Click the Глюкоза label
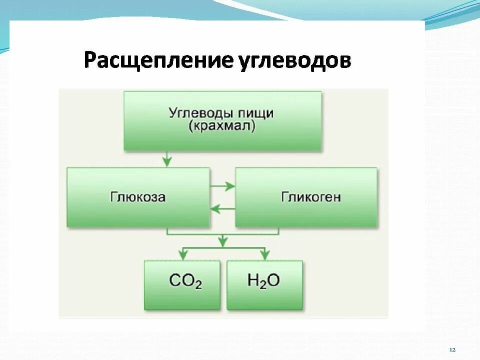[138, 197]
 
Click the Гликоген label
[310, 197]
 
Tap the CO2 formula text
[185, 281]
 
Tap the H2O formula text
[264, 281]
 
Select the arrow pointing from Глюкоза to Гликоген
[223, 186]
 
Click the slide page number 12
[452, 349]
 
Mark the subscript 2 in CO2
[198, 285]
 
